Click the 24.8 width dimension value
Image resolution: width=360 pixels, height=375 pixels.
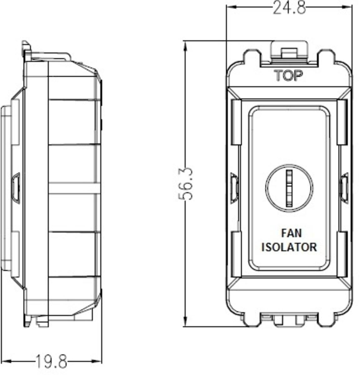289,7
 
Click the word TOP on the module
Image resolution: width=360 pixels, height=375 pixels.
288,75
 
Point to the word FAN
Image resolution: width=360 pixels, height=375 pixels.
291,233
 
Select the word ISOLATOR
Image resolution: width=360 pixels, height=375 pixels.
289,247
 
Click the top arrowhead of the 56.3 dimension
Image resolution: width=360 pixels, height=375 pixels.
186,46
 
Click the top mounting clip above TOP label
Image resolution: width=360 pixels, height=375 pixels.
288,52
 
